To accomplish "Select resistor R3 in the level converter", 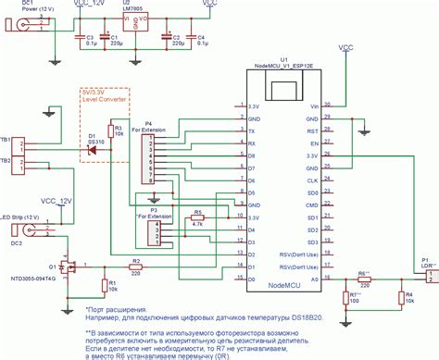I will tap(110, 131).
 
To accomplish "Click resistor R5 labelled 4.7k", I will tap(197, 218).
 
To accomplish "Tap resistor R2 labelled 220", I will tap(136, 268).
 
